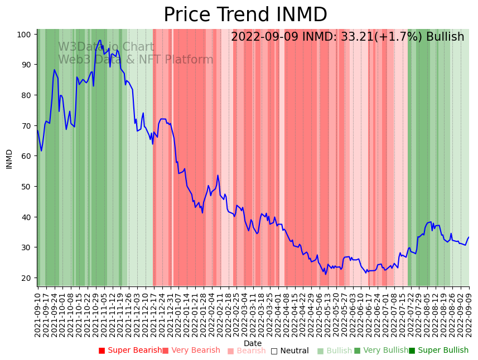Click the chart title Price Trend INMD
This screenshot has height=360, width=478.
coord(245,15)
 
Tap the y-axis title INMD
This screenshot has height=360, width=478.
coord(9,159)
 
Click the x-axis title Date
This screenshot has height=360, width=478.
coord(252,344)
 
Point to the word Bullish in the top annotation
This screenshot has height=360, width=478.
coord(445,37)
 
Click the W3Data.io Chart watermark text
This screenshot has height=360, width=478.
coord(106,47)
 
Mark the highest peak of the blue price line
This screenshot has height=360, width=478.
coord(100,40)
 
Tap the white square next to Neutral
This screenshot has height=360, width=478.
coord(274,351)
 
